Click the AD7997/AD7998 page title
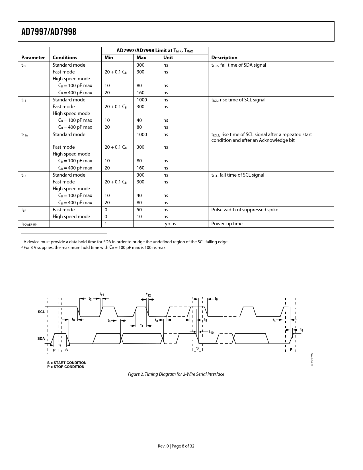(x=49, y=32)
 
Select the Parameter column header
(x=33, y=58)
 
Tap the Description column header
(x=224, y=58)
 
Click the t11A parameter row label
(x=24, y=135)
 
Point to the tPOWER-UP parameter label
(x=29, y=224)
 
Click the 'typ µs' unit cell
(x=170, y=224)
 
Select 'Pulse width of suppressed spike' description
(x=245, y=210)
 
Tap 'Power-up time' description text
(x=227, y=224)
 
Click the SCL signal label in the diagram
(x=41, y=312)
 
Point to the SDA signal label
(x=41, y=339)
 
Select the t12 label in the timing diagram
(x=148, y=295)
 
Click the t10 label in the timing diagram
(x=211, y=332)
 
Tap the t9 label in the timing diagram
(x=302, y=330)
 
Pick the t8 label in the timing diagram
(x=274, y=320)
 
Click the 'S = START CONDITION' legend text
(x=67, y=363)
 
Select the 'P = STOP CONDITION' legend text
(x=66, y=367)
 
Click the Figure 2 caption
(x=176, y=374)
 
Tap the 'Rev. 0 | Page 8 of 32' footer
(x=176, y=446)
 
